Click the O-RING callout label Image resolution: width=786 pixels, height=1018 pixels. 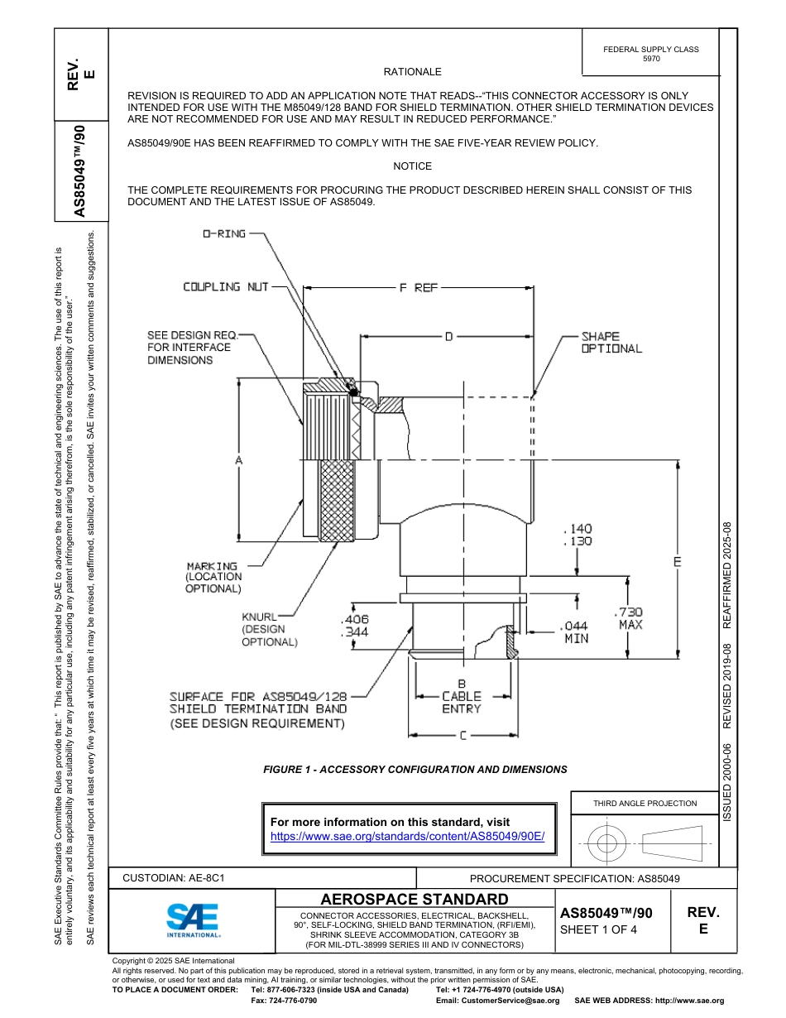click(224, 234)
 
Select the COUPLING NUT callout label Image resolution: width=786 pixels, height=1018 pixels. click(226, 286)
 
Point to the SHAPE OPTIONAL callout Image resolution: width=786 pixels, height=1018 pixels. click(611, 343)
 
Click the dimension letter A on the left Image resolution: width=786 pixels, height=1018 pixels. click(239, 459)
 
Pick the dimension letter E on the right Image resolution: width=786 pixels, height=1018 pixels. click(677, 562)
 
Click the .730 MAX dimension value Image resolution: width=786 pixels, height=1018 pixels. click(630, 618)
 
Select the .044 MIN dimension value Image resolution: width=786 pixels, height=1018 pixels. click(576, 632)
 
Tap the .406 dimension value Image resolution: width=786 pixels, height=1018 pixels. click(354, 619)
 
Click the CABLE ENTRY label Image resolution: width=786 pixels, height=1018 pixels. click(461, 703)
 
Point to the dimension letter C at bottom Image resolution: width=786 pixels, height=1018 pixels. click(463, 734)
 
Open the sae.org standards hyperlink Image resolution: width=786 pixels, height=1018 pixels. click(408, 836)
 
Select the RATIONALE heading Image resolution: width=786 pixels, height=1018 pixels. click(412, 73)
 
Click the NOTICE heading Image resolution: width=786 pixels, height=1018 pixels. click(412, 166)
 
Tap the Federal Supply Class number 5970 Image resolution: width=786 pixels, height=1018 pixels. click(651, 59)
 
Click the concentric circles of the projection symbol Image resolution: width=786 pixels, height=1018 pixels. click(607, 844)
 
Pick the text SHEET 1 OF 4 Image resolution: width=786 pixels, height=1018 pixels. click(599, 929)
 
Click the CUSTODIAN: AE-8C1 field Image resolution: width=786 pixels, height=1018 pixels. click(174, 878)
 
